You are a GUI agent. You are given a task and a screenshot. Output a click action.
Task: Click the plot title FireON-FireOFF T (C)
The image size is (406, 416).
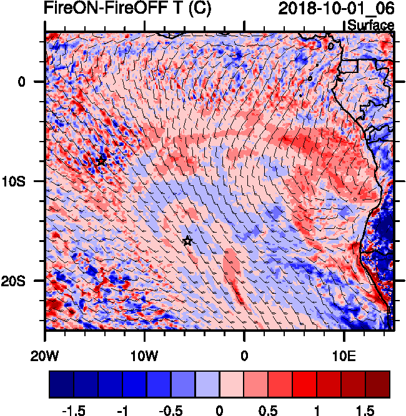[x=127, y=9]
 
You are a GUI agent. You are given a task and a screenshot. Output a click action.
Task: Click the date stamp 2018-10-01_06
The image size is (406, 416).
[x=336, y=9]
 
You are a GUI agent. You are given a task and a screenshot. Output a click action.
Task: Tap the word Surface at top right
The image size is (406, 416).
[x=370, y=25]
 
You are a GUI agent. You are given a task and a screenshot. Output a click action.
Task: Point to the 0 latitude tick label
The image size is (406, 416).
[x=21, y=82]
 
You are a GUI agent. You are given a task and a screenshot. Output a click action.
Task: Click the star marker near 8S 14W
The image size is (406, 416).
[x=101, y=160]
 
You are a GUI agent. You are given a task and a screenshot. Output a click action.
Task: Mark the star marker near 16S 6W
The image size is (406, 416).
[x=187, y=241]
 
